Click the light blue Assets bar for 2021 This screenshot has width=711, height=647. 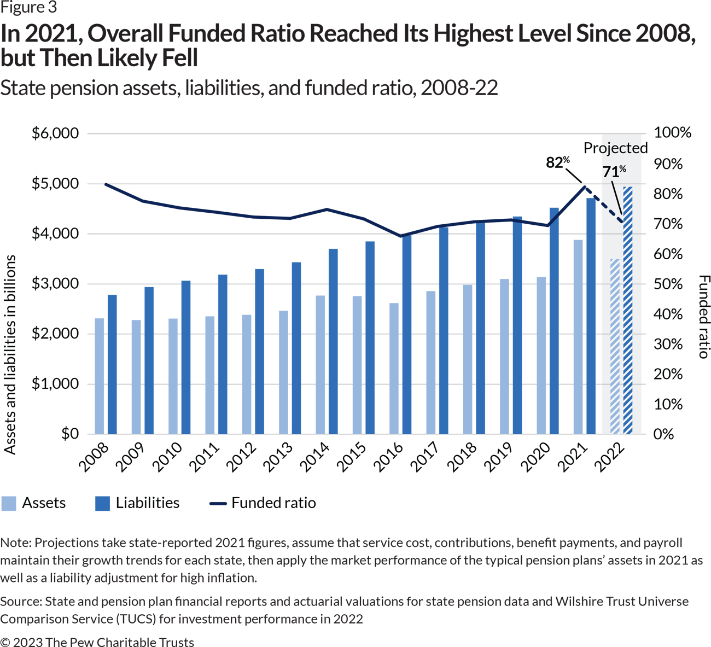pos(578,336)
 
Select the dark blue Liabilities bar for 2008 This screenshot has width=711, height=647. pos(112,364)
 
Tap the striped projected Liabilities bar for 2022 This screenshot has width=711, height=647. pos(628,310)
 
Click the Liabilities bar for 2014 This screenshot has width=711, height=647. pos(333,341)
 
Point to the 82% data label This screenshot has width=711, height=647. pos(557,162)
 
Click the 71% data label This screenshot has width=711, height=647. pos(614,172)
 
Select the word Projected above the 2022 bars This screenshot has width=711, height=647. pos(615,148)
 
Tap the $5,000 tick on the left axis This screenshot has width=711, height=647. pos(55,183)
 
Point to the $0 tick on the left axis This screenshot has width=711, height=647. pos(69,434)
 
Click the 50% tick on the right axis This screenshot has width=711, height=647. pos(668,284)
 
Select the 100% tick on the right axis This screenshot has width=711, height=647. pos(672,132)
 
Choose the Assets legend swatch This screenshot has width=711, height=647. pos(9,503)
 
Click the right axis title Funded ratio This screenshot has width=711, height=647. pos(704,317)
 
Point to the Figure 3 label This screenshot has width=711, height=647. pos(28,8)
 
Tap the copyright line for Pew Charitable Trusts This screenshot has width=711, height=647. pos(97,642)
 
